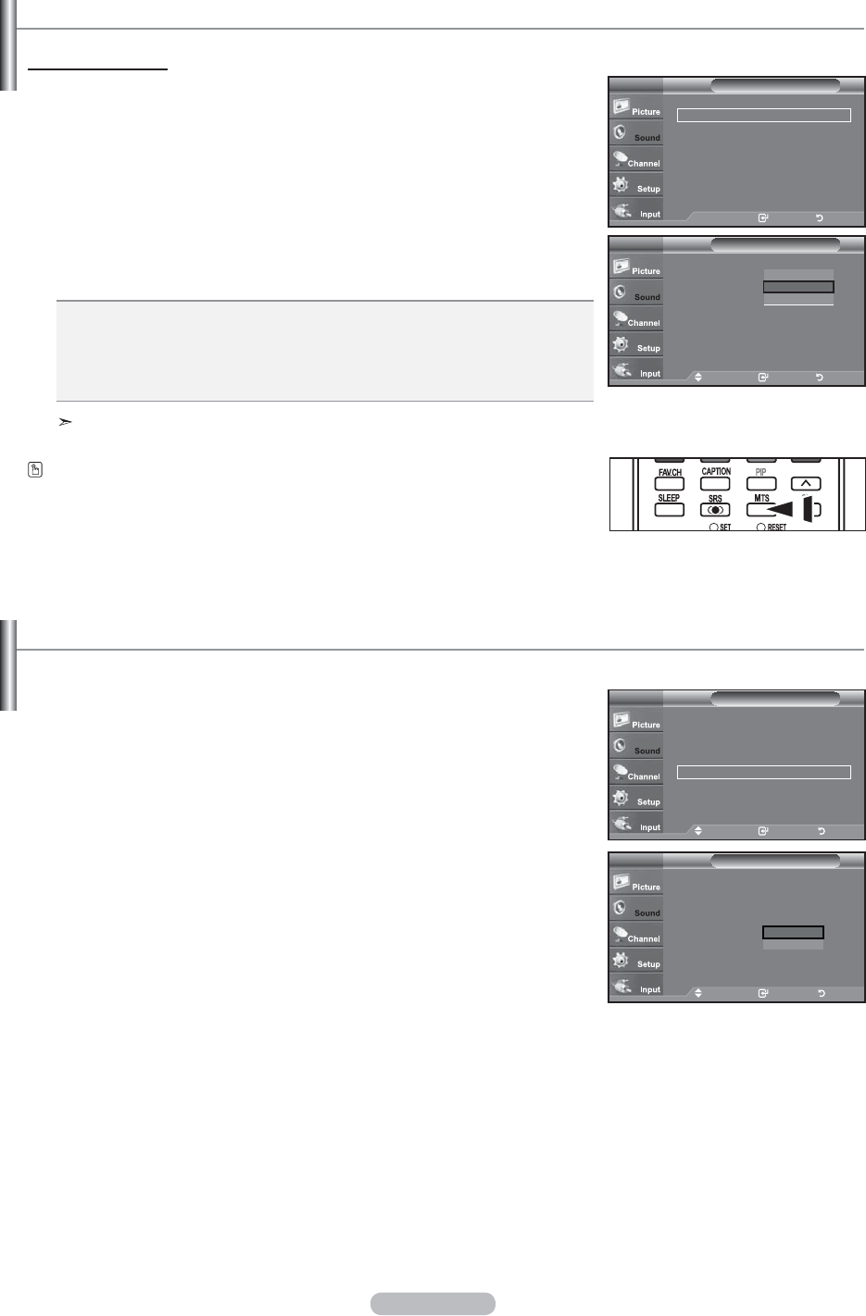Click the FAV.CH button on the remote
coord(669,483)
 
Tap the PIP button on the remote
coord(760,483)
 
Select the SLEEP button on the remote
coord(669,509)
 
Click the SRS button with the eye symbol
coord(715,509)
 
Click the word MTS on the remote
coord(761,498)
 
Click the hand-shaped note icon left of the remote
coord(35,470)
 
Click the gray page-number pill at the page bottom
coord(433,1303)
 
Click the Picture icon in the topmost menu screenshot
coord(621,106)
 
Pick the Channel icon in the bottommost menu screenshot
coord(621,934)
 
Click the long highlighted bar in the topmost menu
coord(763,116)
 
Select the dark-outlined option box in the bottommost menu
coord(793,933)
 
